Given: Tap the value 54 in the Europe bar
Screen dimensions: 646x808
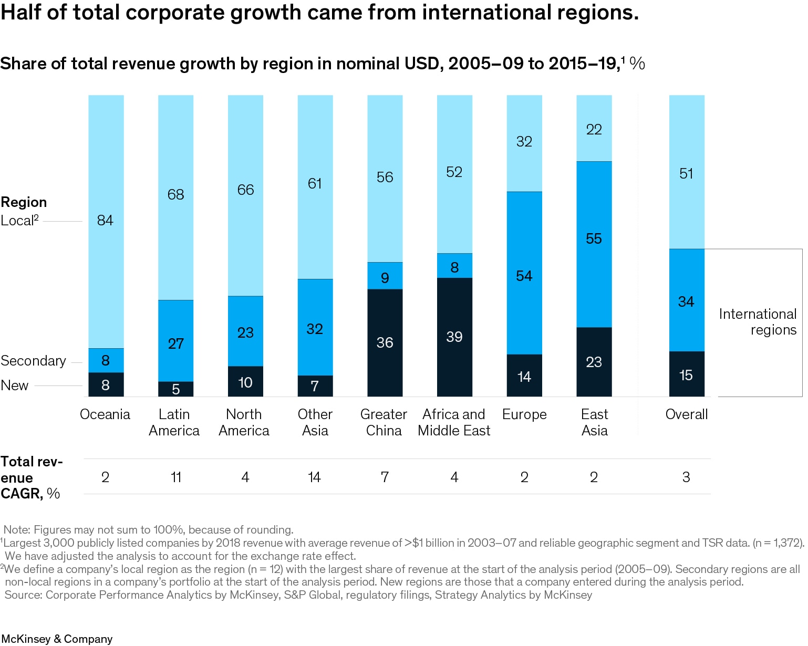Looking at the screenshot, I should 524,276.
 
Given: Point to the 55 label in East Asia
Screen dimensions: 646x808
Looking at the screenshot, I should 594,238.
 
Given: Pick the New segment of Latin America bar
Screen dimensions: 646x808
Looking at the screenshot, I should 175,389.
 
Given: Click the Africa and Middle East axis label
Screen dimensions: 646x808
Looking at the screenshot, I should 454,422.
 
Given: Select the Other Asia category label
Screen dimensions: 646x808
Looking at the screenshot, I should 315,422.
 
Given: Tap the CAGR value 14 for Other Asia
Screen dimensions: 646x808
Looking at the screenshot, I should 314,477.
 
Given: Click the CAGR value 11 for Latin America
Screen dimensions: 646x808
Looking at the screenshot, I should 176,477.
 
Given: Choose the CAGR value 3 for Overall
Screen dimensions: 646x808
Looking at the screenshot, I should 686,477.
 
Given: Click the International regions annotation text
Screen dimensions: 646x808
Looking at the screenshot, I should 758,321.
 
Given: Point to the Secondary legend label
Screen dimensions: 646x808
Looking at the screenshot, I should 33,361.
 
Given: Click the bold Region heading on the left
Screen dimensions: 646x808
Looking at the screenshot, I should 24,202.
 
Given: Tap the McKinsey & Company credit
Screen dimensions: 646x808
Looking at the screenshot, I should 57,639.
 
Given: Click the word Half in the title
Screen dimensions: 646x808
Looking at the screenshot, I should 21,13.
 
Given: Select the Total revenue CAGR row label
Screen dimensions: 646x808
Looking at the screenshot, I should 32,477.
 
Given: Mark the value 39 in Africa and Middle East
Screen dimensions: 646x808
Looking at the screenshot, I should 454,337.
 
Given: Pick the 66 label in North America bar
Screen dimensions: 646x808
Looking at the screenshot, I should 245,190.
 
